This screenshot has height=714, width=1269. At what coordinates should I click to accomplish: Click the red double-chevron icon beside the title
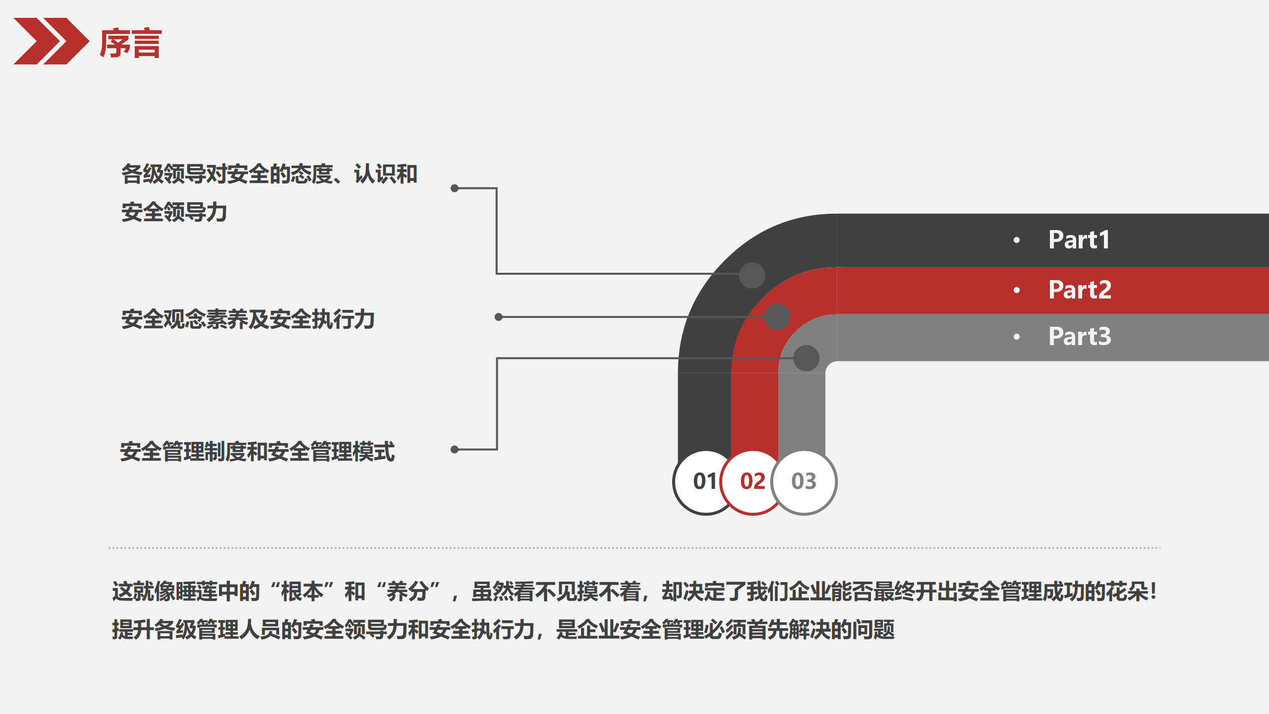[51, 41]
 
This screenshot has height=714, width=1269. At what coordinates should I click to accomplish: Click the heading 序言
[131, 44]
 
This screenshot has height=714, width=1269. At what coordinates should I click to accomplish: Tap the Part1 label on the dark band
[1079, 240]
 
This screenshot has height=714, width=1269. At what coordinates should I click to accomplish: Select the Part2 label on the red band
[1080, 290]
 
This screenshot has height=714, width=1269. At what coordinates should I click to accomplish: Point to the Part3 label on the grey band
[1080, 337]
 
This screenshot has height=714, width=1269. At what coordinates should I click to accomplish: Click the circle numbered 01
[704, 481]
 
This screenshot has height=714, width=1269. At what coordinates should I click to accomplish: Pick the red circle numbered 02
[752, 481]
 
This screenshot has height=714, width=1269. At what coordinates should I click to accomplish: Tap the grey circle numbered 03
[804, 481]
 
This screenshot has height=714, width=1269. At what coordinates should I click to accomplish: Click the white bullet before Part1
[1017, 240]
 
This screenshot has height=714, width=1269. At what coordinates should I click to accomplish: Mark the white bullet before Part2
[1017, 290]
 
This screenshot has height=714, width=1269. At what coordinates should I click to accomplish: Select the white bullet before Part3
[1017, 337]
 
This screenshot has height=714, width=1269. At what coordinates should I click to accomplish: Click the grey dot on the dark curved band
[752, 275]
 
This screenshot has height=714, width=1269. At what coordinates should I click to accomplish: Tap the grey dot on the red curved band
[777, 317]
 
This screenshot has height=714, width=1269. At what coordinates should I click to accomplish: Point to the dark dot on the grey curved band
[806, 358]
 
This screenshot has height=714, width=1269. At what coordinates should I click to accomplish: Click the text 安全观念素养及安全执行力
[248, 319]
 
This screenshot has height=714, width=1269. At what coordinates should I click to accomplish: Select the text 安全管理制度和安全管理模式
[257, 452]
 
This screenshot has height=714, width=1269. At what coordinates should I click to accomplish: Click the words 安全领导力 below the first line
[174, 212]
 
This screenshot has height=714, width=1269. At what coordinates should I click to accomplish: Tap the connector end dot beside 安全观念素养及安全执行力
[499, 317]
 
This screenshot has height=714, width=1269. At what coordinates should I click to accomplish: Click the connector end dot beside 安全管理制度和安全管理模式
[455, 449]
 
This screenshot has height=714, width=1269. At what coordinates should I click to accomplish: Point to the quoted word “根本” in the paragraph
[302, 592]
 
